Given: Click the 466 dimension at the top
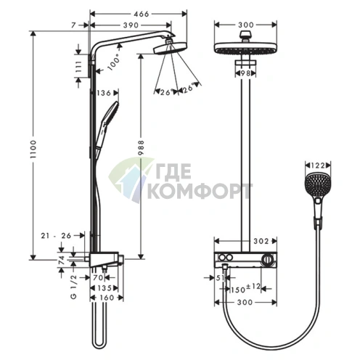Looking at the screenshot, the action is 141,14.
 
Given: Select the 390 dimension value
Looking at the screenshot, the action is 131,25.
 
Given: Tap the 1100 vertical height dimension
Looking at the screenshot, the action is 33,149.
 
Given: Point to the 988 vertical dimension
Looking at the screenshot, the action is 141,147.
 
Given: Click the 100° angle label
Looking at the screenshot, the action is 114,62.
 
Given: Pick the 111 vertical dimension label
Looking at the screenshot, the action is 78,66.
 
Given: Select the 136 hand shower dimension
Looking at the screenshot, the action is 104,93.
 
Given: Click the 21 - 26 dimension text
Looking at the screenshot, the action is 56,235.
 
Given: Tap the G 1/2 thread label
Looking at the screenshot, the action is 74,287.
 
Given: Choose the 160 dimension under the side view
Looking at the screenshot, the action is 107,298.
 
